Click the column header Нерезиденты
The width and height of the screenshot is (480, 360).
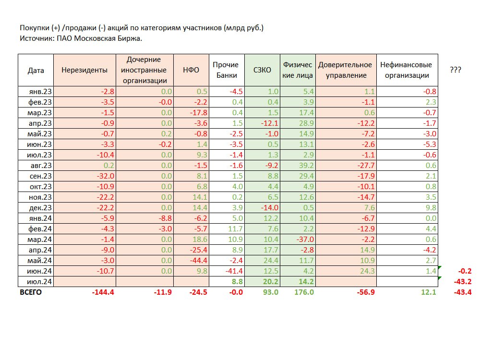coord(84,70)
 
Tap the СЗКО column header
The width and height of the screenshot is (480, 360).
coord(262,70)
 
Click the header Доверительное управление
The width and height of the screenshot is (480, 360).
coord(345,70)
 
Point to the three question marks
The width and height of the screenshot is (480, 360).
coord(456,70)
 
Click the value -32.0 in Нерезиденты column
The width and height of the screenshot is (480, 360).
coord(104,176)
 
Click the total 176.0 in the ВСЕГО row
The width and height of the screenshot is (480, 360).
coord(304,292)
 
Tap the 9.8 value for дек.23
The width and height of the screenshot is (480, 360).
coord(431,208)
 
